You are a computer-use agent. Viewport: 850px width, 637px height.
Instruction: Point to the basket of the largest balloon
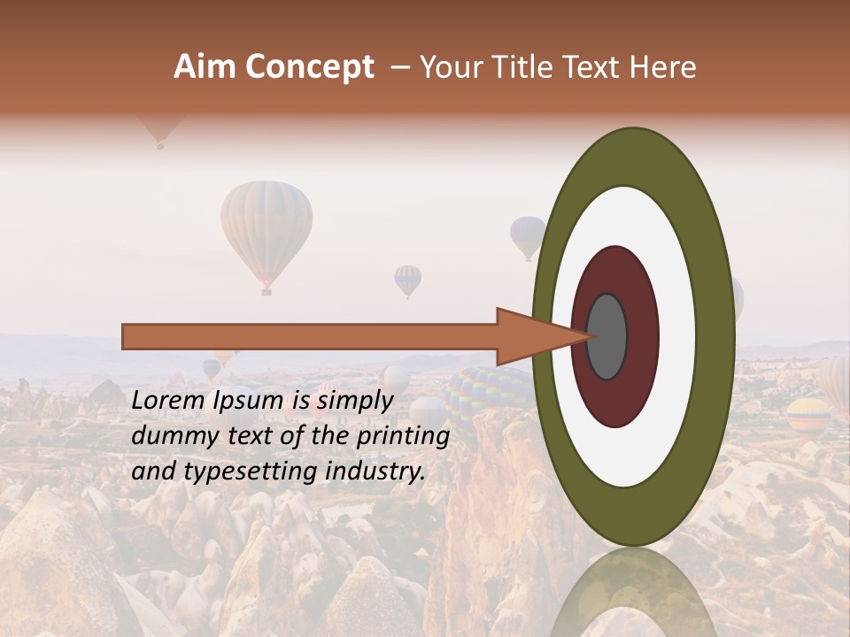click(x=266, y=289)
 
